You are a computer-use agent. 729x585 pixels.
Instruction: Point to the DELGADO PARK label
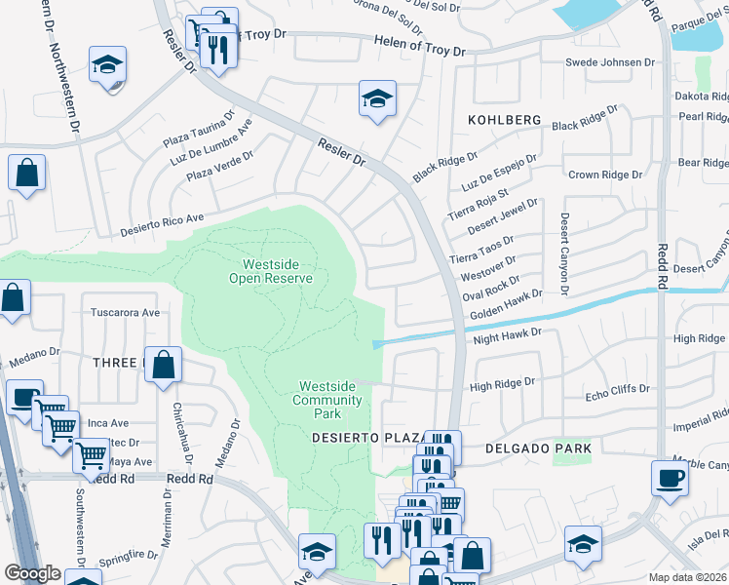click(x=538, y=448)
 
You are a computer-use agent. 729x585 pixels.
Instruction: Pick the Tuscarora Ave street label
click(x=125, y=313)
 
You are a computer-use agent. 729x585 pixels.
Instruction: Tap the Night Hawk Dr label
click(x=506, y=333)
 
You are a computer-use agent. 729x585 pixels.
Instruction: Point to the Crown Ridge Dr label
click(x=606, y=175)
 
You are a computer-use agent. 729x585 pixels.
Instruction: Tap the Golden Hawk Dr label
click(x=505, y=311)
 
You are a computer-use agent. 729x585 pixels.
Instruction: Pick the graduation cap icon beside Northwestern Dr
click(x=108, y=66)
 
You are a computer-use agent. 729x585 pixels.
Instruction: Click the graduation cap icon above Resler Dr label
click(x=377, y=98)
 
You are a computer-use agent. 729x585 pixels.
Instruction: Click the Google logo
click(x=32, y=573)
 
